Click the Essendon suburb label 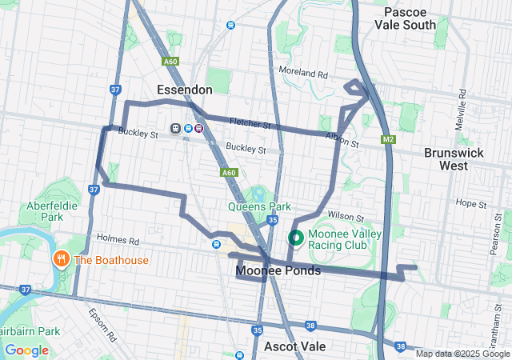tap(185, 89)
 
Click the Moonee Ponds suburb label tap(278, 271)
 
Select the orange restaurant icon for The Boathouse tap(61, 259)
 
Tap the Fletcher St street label tap(250, 125)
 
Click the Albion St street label tap(342, 138)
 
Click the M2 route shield tap(388, 141)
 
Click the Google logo tap(26, 350)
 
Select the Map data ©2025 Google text tap(462, 354)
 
